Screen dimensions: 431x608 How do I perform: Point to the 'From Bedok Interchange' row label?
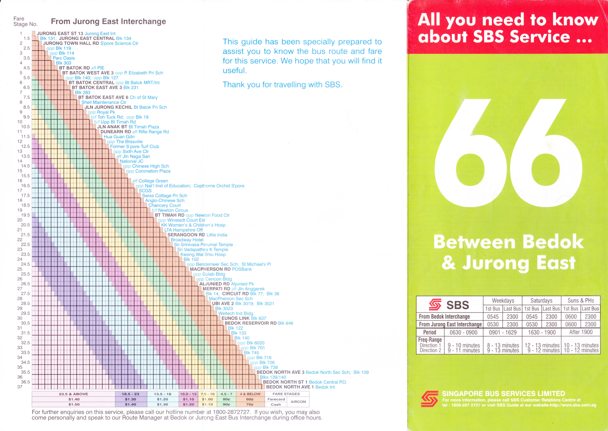click(444, 317)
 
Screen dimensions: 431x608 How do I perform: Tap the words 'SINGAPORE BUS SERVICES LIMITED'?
click(503, 394)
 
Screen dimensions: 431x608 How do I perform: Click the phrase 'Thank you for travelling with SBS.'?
click(282, 85)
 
